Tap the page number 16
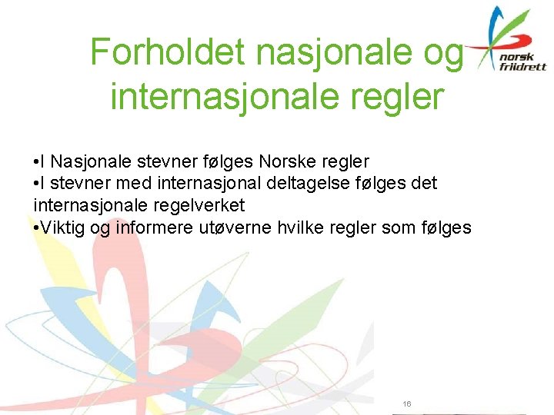click(x=407, y=403)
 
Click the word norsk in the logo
click(x=515, y=56)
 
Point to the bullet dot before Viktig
click(x=37, y=227)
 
